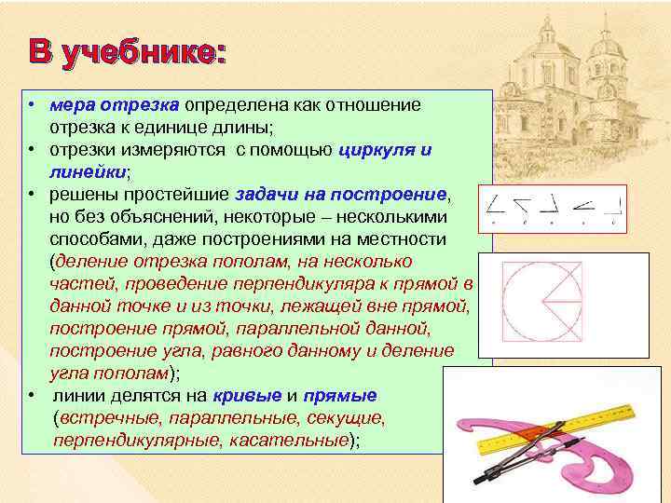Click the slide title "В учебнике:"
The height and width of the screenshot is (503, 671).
click(x=125, y=52)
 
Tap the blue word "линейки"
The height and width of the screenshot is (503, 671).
click(x=89, y=171)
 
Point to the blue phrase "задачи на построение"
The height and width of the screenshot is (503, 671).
click(x=342, y=194)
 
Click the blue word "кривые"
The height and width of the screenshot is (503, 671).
click(x=245, y=395)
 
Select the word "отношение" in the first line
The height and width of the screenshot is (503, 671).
click(x=379, y=104)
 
